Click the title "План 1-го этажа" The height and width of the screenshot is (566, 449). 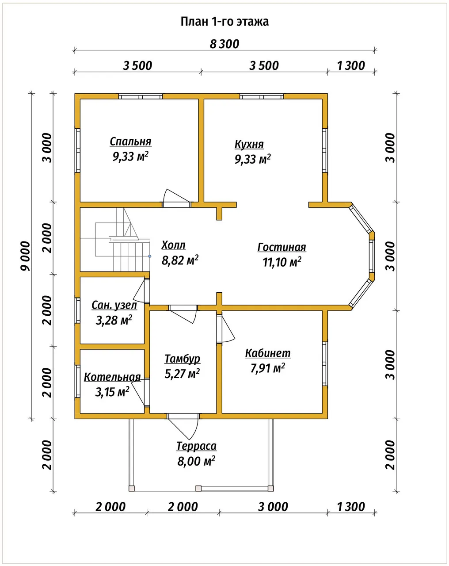(224, 22)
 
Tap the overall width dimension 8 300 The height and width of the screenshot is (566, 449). (224, 44)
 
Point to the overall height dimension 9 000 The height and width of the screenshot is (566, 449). (26, 256)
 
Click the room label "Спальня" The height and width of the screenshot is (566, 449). (130, 141)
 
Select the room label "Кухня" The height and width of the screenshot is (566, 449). (249, 144)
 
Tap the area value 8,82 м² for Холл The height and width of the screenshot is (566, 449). (180, 260)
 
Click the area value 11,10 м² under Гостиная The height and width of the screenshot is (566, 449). (282, 262)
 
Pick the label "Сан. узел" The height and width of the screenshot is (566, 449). (114, 305)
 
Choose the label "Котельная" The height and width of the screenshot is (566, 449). (112, 377)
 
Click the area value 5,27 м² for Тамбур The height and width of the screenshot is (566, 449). (182, 373)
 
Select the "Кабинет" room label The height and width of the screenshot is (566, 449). (268, 353)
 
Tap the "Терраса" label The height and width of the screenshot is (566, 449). (196, 446)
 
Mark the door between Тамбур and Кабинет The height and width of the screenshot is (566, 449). (225, 329)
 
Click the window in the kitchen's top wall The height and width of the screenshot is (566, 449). (262, 97)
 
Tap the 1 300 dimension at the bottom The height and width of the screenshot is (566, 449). (351, 507)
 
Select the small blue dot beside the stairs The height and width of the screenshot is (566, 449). (149, 256)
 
